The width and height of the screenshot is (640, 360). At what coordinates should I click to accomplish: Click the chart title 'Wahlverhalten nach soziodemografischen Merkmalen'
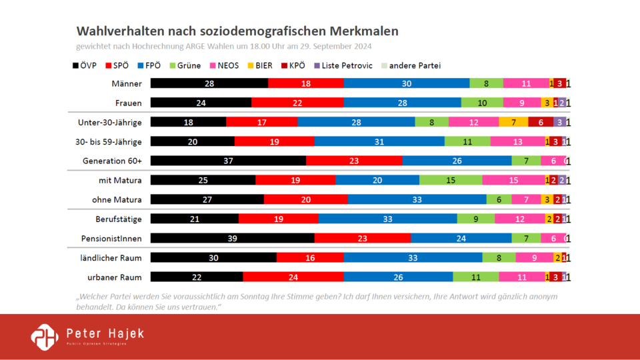click(x=237, y=31)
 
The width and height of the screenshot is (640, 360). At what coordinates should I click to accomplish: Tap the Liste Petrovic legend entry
click(x=344, y=65)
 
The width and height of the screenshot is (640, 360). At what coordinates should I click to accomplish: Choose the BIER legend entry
click(x=259, y=65)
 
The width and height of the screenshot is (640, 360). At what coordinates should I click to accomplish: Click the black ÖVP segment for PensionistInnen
click(x=232, y=238)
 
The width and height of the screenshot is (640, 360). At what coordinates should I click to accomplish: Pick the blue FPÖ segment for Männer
click(x=406, y=83)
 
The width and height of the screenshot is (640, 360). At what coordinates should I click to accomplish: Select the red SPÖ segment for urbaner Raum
click(x=293, y=277)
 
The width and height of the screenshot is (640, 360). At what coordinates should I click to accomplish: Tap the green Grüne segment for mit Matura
click(x=450, y=180)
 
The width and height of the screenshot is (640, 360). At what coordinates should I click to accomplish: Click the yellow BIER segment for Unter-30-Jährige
click(x=513, y=122)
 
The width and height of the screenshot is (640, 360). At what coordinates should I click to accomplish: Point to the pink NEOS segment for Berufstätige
click(x=519, y=219)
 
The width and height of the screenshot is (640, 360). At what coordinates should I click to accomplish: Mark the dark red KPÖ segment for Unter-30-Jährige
click(x=540, y=122)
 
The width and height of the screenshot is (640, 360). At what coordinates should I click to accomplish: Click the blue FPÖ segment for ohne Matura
click(x=417, y=199)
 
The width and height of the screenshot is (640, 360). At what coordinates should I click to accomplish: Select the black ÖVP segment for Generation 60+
click(x=228, y=161)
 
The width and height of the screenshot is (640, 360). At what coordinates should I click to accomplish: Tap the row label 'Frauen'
click(x=129, y=103)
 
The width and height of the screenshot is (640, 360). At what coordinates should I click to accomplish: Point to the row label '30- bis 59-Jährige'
click(x=110, y=141)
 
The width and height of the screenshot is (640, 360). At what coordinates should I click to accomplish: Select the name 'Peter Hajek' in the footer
click(x=105, y=333)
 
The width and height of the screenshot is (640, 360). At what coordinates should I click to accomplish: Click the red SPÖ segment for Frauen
click(x=297, y=103)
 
